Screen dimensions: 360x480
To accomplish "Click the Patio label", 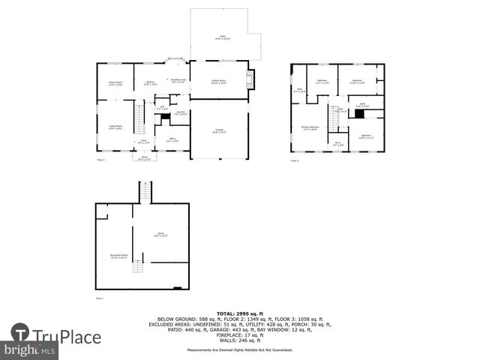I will (x=222, y=37).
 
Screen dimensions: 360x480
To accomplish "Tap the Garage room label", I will (x=220, y=131).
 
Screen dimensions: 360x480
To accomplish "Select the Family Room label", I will (x=219, y=82).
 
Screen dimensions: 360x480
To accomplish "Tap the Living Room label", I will (x=115, y=128).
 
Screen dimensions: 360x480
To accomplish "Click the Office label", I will (x=172, y=140).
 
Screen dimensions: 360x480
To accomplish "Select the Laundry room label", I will (x=180, y=112).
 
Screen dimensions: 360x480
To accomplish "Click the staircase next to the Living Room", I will (x=139, y=117).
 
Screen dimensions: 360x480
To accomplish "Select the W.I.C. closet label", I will (x=339, y=144).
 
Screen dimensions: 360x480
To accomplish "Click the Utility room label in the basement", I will (x=160, y=235).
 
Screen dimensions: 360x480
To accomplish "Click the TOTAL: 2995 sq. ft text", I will (x=239, y=312).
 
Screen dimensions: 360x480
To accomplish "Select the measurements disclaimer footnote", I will (x=239, y=350).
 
